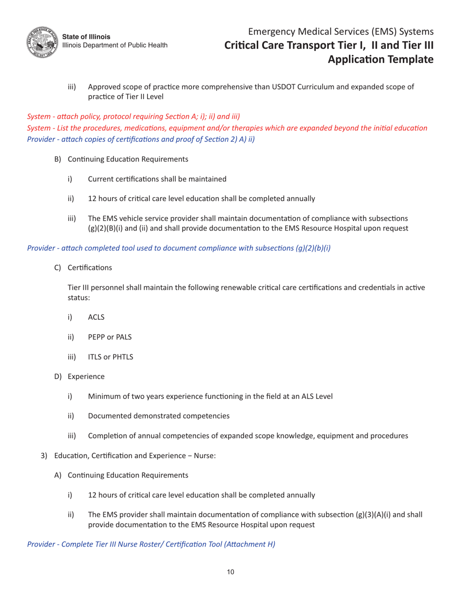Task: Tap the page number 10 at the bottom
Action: pos(230,572)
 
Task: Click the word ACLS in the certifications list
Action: pos(97,317)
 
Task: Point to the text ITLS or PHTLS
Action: pos(111,357)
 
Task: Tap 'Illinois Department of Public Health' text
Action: pos(115,45)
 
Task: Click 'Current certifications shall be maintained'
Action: pos(157,179)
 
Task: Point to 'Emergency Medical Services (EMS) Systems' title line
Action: pos(340,32)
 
